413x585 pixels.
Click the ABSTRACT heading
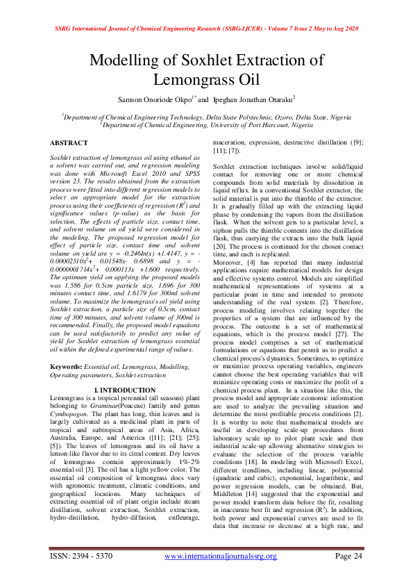coord(69,142)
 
